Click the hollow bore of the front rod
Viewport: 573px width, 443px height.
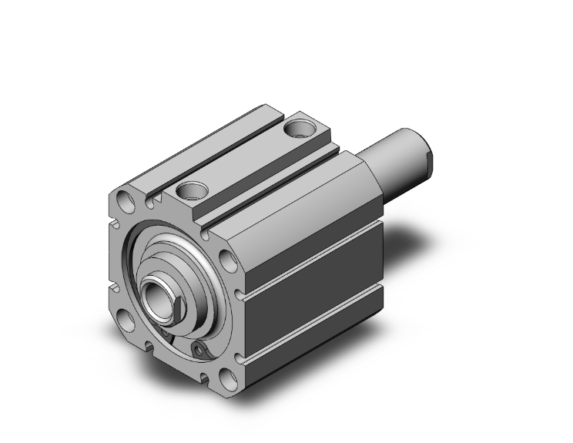(x=159, y=296)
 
